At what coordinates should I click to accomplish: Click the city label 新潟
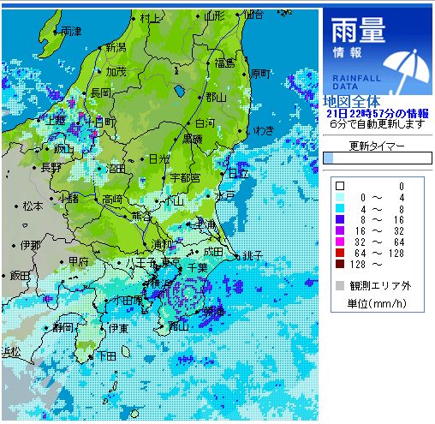tap(114, 47)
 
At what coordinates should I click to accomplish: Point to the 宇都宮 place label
tap(184, 177)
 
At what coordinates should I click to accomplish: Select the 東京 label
tap(170, 261)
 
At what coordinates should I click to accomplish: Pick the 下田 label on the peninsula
tap(106, 355)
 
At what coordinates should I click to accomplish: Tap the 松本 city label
tap(33, 206)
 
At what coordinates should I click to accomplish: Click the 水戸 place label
tap(224, 195)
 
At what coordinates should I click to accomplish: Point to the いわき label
tap(263, 130)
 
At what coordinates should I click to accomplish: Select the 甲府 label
tap(79, 261)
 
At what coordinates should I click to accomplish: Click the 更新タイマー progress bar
tap(378, 158)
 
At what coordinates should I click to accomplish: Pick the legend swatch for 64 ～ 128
tap(340, 253)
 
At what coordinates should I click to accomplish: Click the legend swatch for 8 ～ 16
tap(340, 219)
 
